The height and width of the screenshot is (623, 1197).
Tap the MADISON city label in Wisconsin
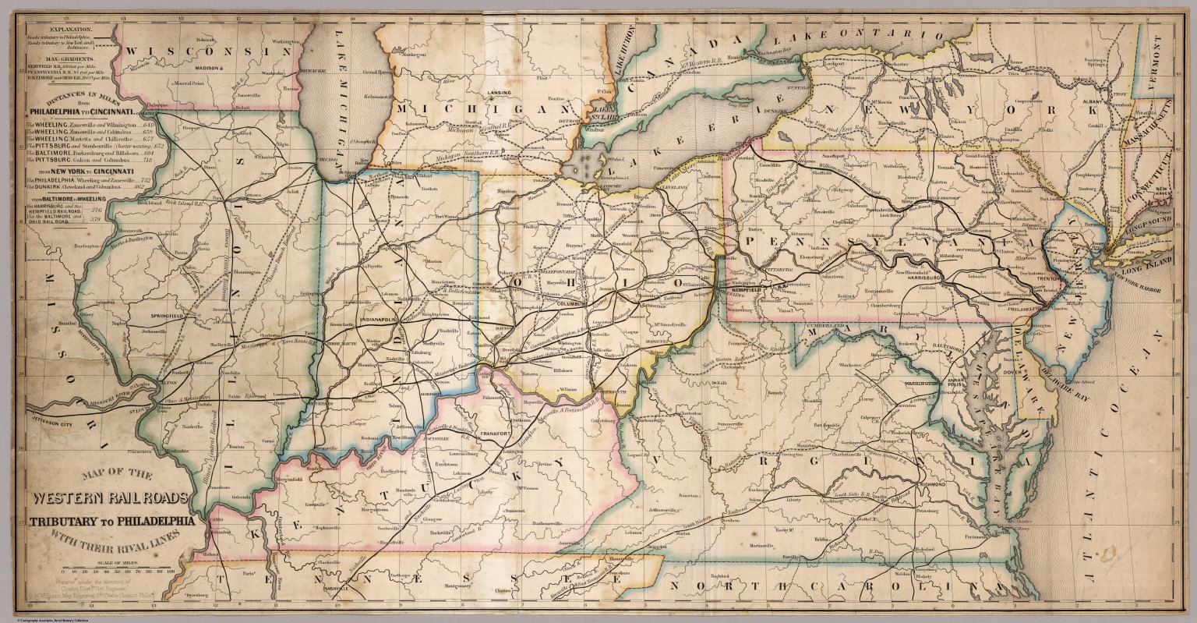pyautogui.click(x=209, y=68)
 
